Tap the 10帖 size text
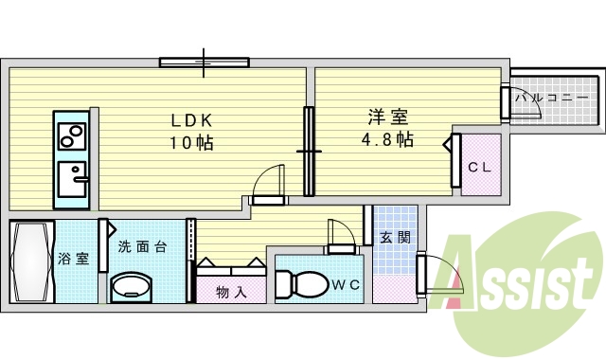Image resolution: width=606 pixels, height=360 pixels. [191, 143]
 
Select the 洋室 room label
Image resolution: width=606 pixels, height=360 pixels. [388, 118]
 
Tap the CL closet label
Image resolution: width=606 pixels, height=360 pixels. [480, 166]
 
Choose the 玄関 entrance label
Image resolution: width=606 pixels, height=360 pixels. [395, 238]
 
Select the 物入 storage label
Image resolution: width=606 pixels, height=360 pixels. [232, 292]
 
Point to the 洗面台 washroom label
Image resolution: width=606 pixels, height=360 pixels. [143, 247]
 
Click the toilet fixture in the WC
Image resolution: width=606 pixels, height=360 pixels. [299, 282]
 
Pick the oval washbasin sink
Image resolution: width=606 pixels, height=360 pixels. [132, 287]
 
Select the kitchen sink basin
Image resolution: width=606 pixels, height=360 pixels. [72, 178]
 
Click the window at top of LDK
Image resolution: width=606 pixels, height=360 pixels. [205, 63]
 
